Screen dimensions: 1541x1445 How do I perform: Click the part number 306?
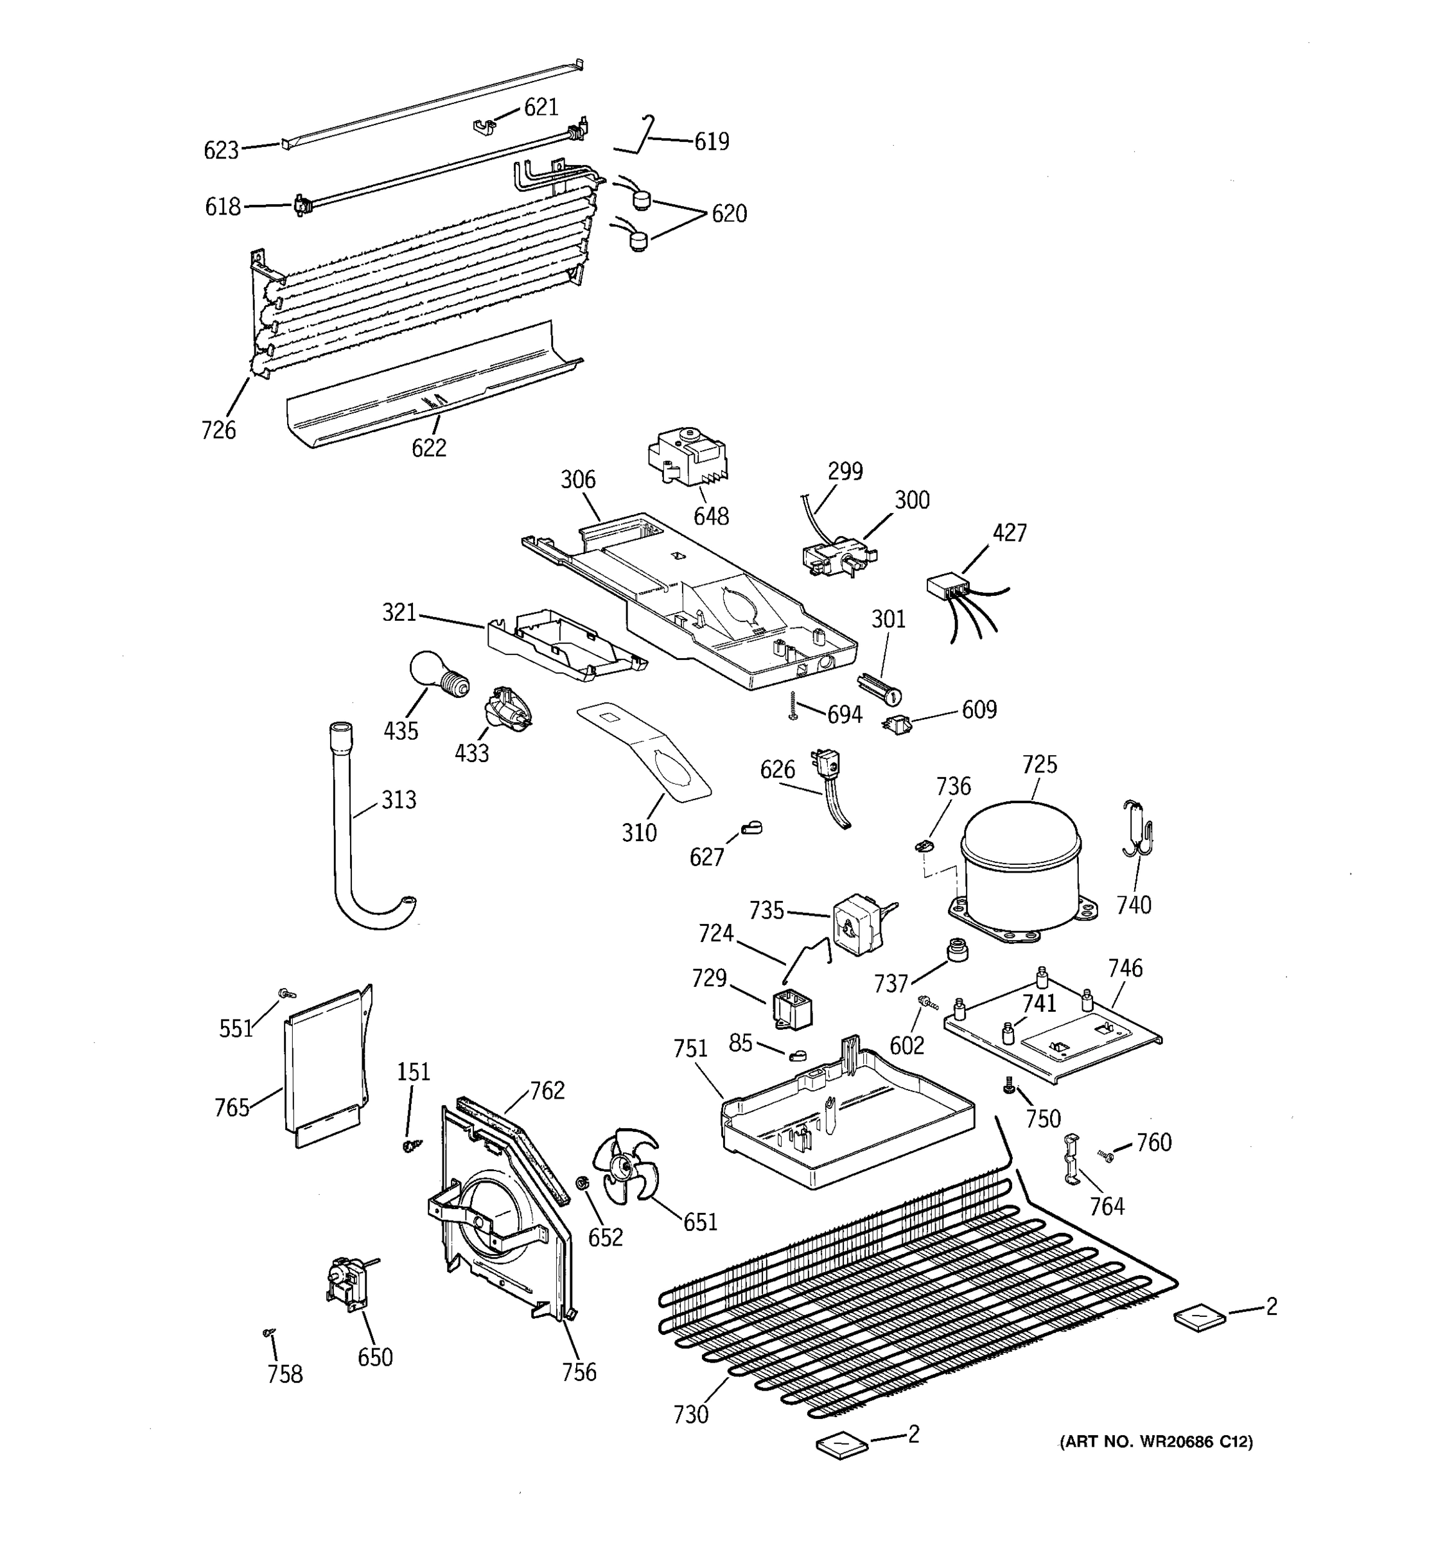point(577,480)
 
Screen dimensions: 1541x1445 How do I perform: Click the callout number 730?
point(690,1415)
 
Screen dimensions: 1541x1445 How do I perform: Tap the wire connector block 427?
point(948,587)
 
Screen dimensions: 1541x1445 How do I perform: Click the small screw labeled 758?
point(269,1332)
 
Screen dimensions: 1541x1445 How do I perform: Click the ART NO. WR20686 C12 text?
point(1156,1441)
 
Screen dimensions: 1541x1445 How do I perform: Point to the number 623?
point(221,150)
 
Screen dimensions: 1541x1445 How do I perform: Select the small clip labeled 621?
point(484,124)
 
